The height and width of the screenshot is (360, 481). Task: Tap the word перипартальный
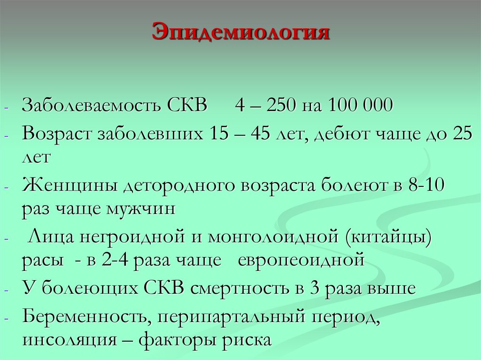(232, 318)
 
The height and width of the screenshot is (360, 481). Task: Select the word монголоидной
(267, 237)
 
